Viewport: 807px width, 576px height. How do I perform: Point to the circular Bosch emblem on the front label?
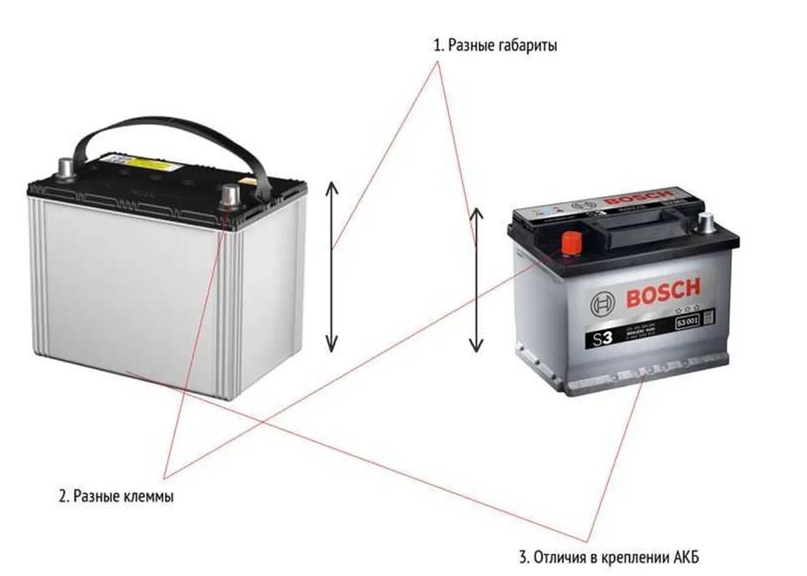click(x=602, y=305)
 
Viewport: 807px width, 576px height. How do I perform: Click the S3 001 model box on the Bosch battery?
click(x=688, y=325)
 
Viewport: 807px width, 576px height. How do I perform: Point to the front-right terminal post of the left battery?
click(x=230, y=194)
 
